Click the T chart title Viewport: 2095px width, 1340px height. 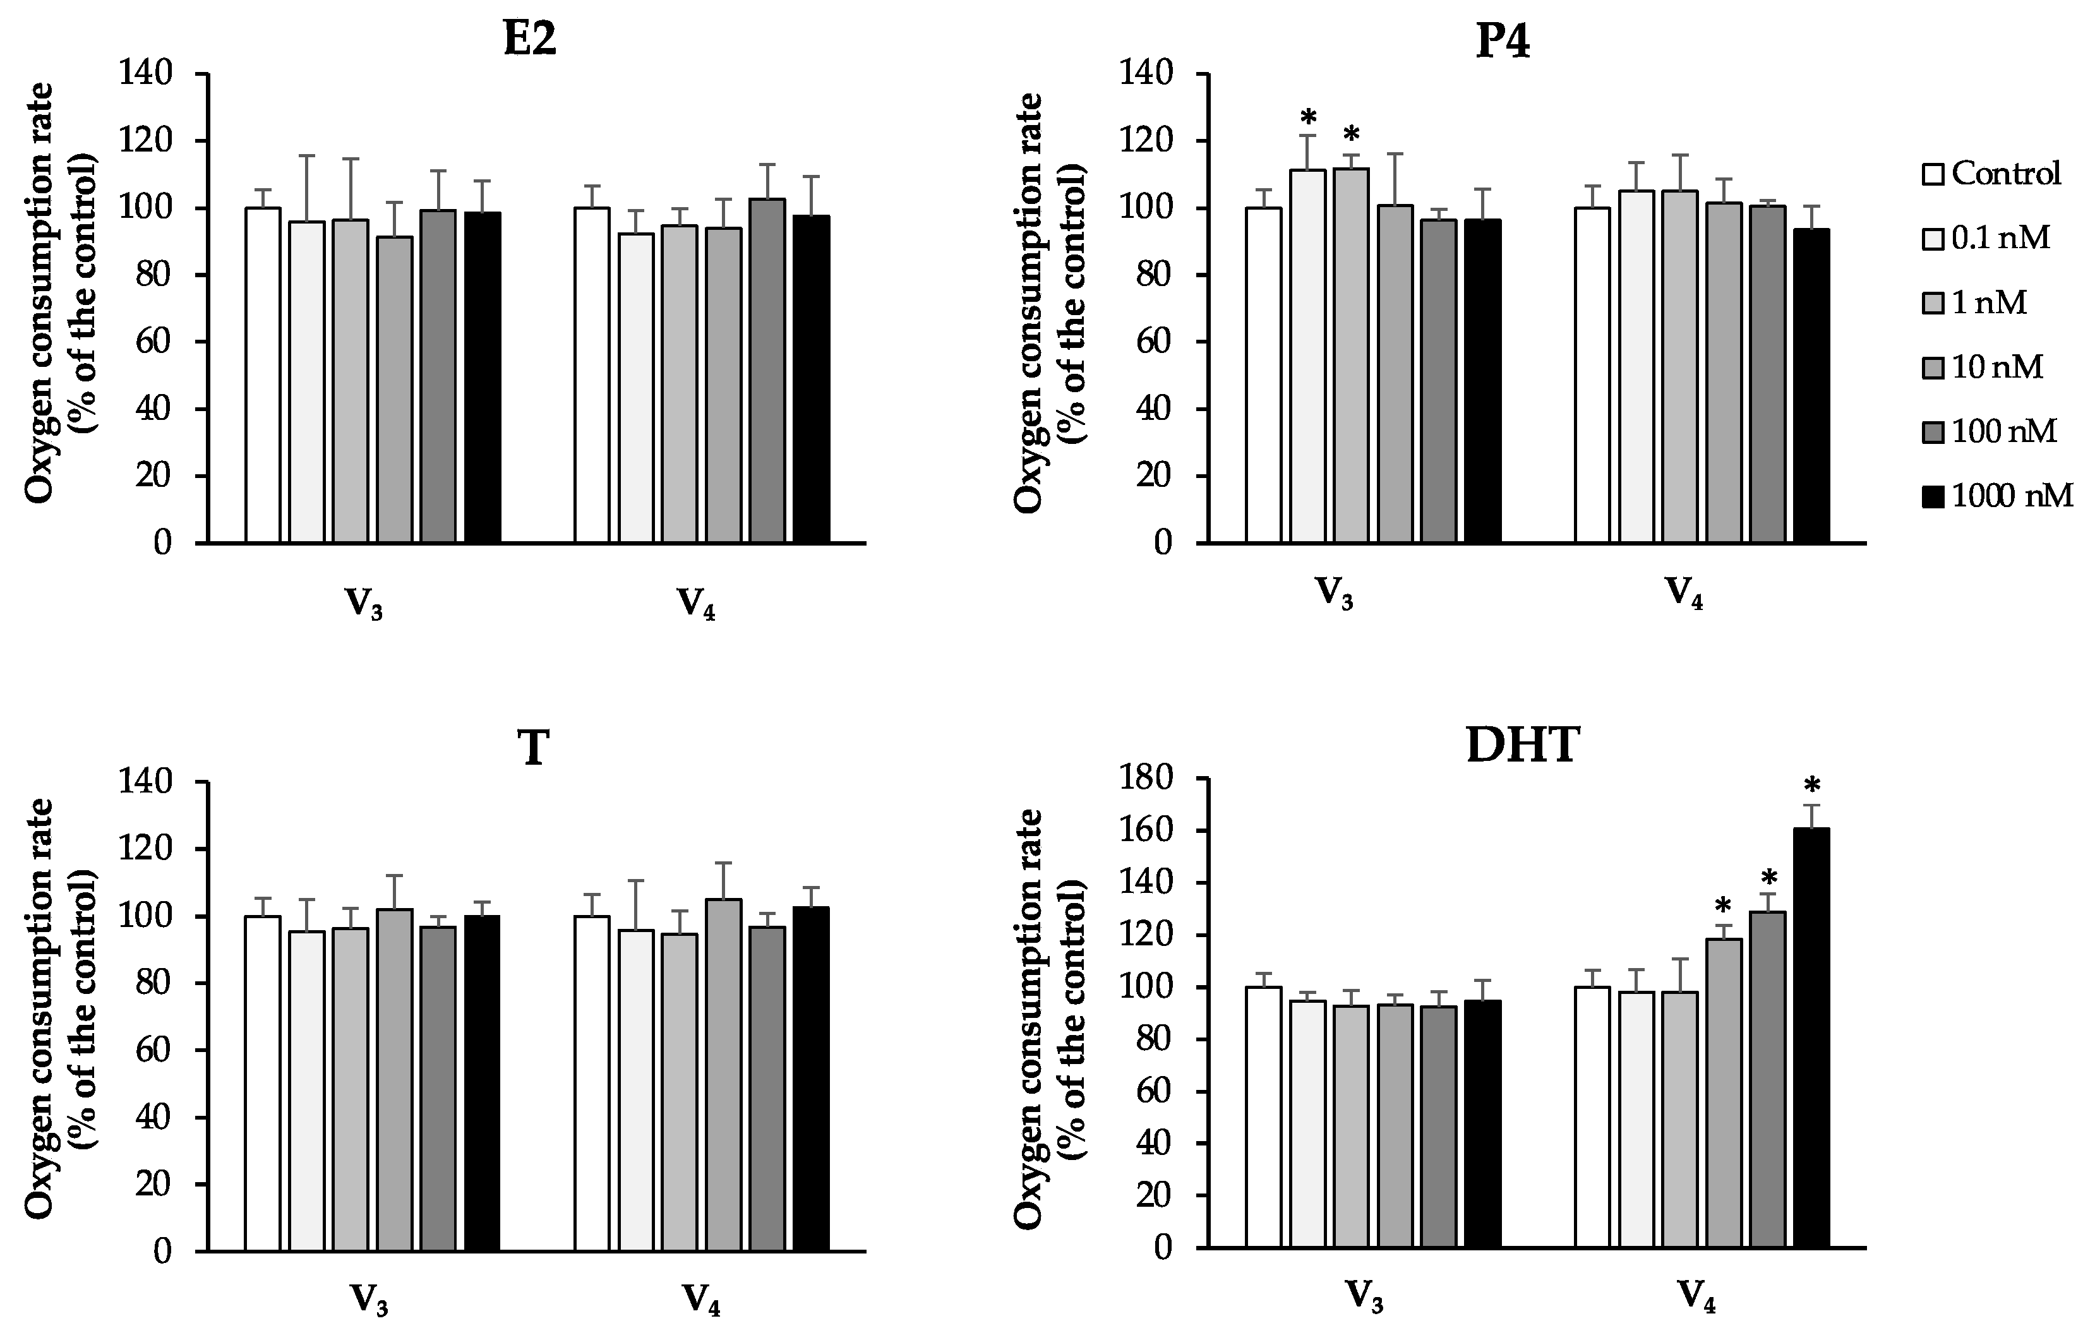click(x=533, y=748)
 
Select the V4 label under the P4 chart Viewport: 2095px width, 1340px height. click(x=1684, y=594)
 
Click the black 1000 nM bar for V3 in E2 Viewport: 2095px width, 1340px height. click(x=482, y=377)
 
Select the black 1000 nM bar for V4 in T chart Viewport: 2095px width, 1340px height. click(x=811, y=1079)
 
